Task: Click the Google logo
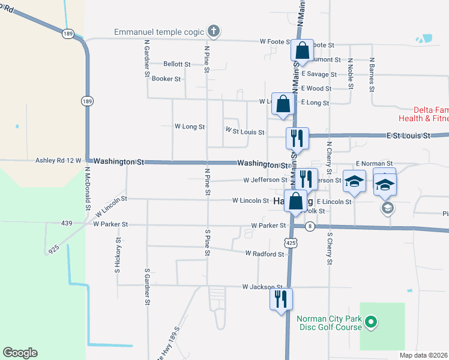click(20, 353)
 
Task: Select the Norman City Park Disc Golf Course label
click(328, 323)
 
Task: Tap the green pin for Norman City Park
click(371, 323)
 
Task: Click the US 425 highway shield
click(291, 242)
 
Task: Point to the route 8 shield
click(310, 226)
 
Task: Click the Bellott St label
click(177, 64)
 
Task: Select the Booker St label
click(166, 79)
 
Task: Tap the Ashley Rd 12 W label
click(58, 161)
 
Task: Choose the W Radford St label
click(265, 254)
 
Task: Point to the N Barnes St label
click(372, 74)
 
